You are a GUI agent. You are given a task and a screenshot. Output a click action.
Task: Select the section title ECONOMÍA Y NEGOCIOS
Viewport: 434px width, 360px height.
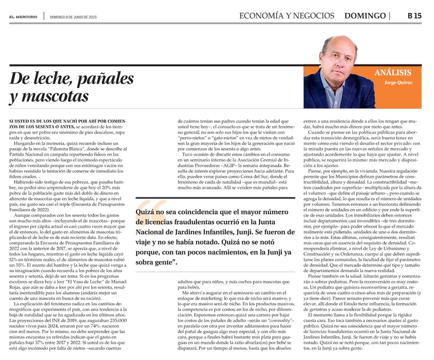coord(287,15)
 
